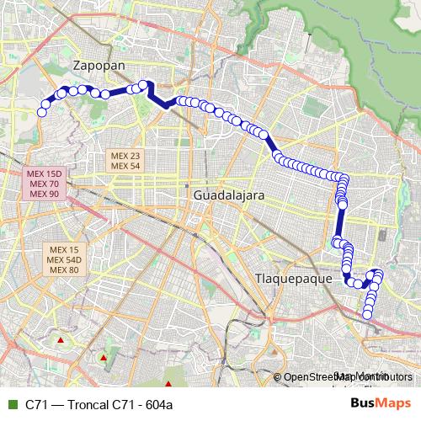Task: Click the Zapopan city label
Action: tap(99, 65)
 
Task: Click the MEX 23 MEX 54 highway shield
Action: tap(124, 161)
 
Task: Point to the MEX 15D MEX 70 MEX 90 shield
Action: tap(44, 183)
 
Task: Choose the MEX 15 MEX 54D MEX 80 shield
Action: tap(64, 259)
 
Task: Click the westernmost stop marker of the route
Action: tap(41, 112)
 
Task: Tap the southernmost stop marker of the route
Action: tap(367, 316)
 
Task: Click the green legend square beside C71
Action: tap(11, 404)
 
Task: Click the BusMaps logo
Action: tap(380, 403)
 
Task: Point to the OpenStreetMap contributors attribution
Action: tap(348, 377)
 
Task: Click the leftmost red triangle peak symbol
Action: tap(61, 340)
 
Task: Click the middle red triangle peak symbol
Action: tap(103, 358)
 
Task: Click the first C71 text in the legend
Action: tap(35, 404)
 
